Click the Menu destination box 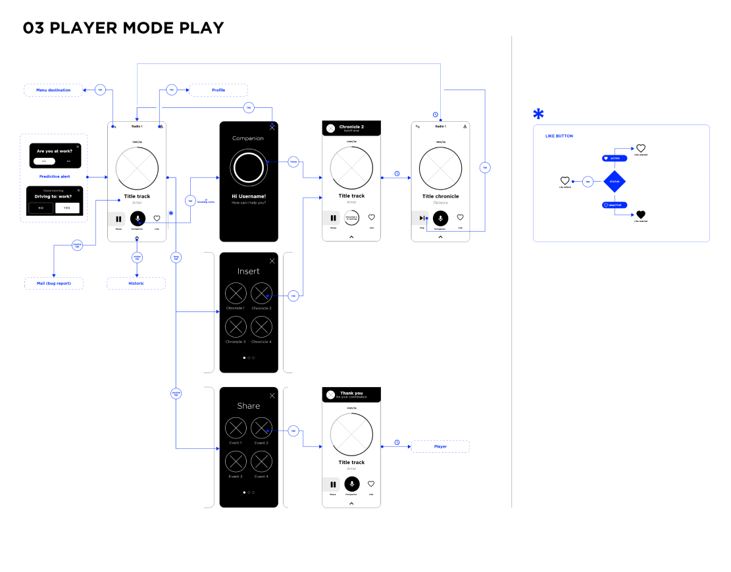tap(53, 90)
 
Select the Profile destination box tap(218, 90)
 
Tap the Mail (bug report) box tap(53, 284)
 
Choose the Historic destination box tap(136, 284)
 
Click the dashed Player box tap(440, 447)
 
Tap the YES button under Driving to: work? tap(67, 208)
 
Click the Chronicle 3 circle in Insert tap(236, 326)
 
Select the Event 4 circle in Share tap(261, 461)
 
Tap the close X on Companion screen tap(272, 128)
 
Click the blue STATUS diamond tap(614, 181)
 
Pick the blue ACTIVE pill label tap(615, 159)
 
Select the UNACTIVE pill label tap(615, 205)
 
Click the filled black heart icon tap(641, 215)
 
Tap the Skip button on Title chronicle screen tap(421, 218)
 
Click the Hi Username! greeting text tap(249, 196)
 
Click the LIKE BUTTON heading tap(559, 136)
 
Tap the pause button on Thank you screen tap(333, 484)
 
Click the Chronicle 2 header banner tap(351, 128)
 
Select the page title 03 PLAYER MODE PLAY tap(124, 28)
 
